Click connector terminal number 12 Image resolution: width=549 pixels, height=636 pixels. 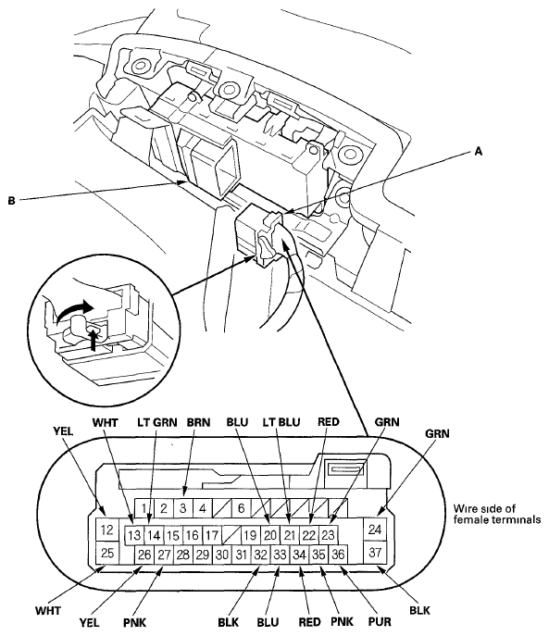[107, 530]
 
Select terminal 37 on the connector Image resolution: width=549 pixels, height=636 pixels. [375, 552]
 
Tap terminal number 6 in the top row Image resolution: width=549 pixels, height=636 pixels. [242, 508]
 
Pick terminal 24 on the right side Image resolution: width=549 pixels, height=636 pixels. [375, 530]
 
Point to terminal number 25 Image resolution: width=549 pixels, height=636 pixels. [107, 553]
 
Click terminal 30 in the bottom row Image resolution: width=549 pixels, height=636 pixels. [222, 555]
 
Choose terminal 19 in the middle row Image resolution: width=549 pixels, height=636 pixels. [250, 535]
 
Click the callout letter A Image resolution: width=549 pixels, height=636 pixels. [479, 151]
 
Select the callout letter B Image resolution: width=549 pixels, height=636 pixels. [11, 200]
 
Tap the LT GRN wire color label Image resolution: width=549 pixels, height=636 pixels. [157, 422]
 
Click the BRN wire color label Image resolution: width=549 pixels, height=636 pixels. [198, 422]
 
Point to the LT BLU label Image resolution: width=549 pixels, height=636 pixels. [281, 422]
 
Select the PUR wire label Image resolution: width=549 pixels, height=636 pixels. [380, 622]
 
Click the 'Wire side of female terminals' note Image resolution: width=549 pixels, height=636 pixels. [497, 514]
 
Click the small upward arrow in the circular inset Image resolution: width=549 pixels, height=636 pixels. [94, 339]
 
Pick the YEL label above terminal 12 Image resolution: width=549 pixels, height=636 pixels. [63, 431]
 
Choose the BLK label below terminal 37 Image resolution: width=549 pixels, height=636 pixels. [419, 610]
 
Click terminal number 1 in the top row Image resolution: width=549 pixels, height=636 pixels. [144, 508]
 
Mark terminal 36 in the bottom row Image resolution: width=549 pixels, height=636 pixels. [338, 555]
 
